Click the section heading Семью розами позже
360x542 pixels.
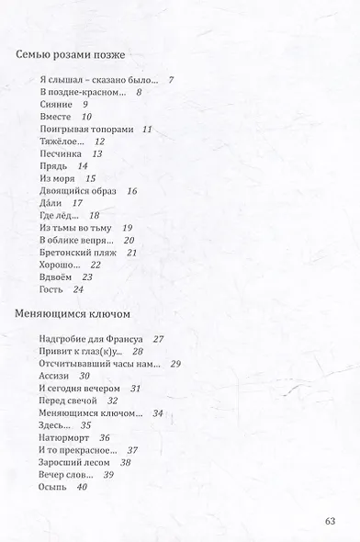[72, 56]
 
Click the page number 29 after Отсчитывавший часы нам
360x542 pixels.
[175, 364]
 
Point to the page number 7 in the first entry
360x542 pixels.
[171, 80]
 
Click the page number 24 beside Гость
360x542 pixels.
[79, 289]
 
